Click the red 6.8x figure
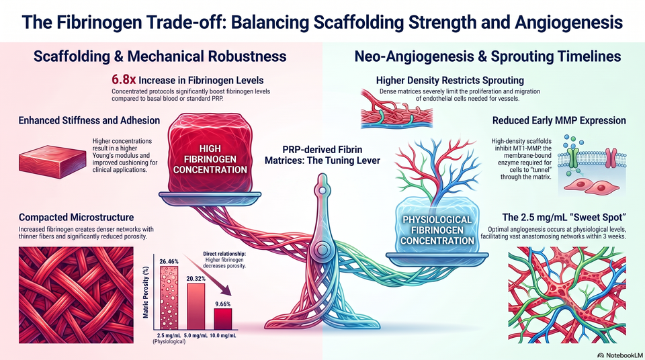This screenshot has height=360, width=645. (124, 79)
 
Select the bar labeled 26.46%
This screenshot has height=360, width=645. (169, 298)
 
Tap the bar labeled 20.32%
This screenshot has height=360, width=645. (196, 306)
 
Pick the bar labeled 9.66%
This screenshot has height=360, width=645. (222, 319)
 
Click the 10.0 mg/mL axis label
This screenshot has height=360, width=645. (223, 336)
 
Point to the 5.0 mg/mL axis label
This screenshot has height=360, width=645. (196, 336)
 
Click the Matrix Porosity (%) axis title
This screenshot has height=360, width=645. (146, 293)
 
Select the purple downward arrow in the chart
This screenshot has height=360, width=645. (208, 275)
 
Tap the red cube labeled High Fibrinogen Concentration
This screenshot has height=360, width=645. (210, 154)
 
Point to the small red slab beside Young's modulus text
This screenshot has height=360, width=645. (52, 161)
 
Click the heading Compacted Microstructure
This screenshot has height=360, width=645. (77, 217)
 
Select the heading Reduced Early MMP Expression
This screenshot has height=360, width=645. (559, 120)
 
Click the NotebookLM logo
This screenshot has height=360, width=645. (620, 355)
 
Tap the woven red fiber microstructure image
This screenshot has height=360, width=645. (76, 295)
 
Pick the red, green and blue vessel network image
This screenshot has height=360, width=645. (567, 295)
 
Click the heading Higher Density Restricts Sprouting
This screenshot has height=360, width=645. (450, 80)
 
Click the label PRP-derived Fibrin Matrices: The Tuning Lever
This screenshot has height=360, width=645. (322, 154)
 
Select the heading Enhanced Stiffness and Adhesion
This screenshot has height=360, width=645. (89, 120)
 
